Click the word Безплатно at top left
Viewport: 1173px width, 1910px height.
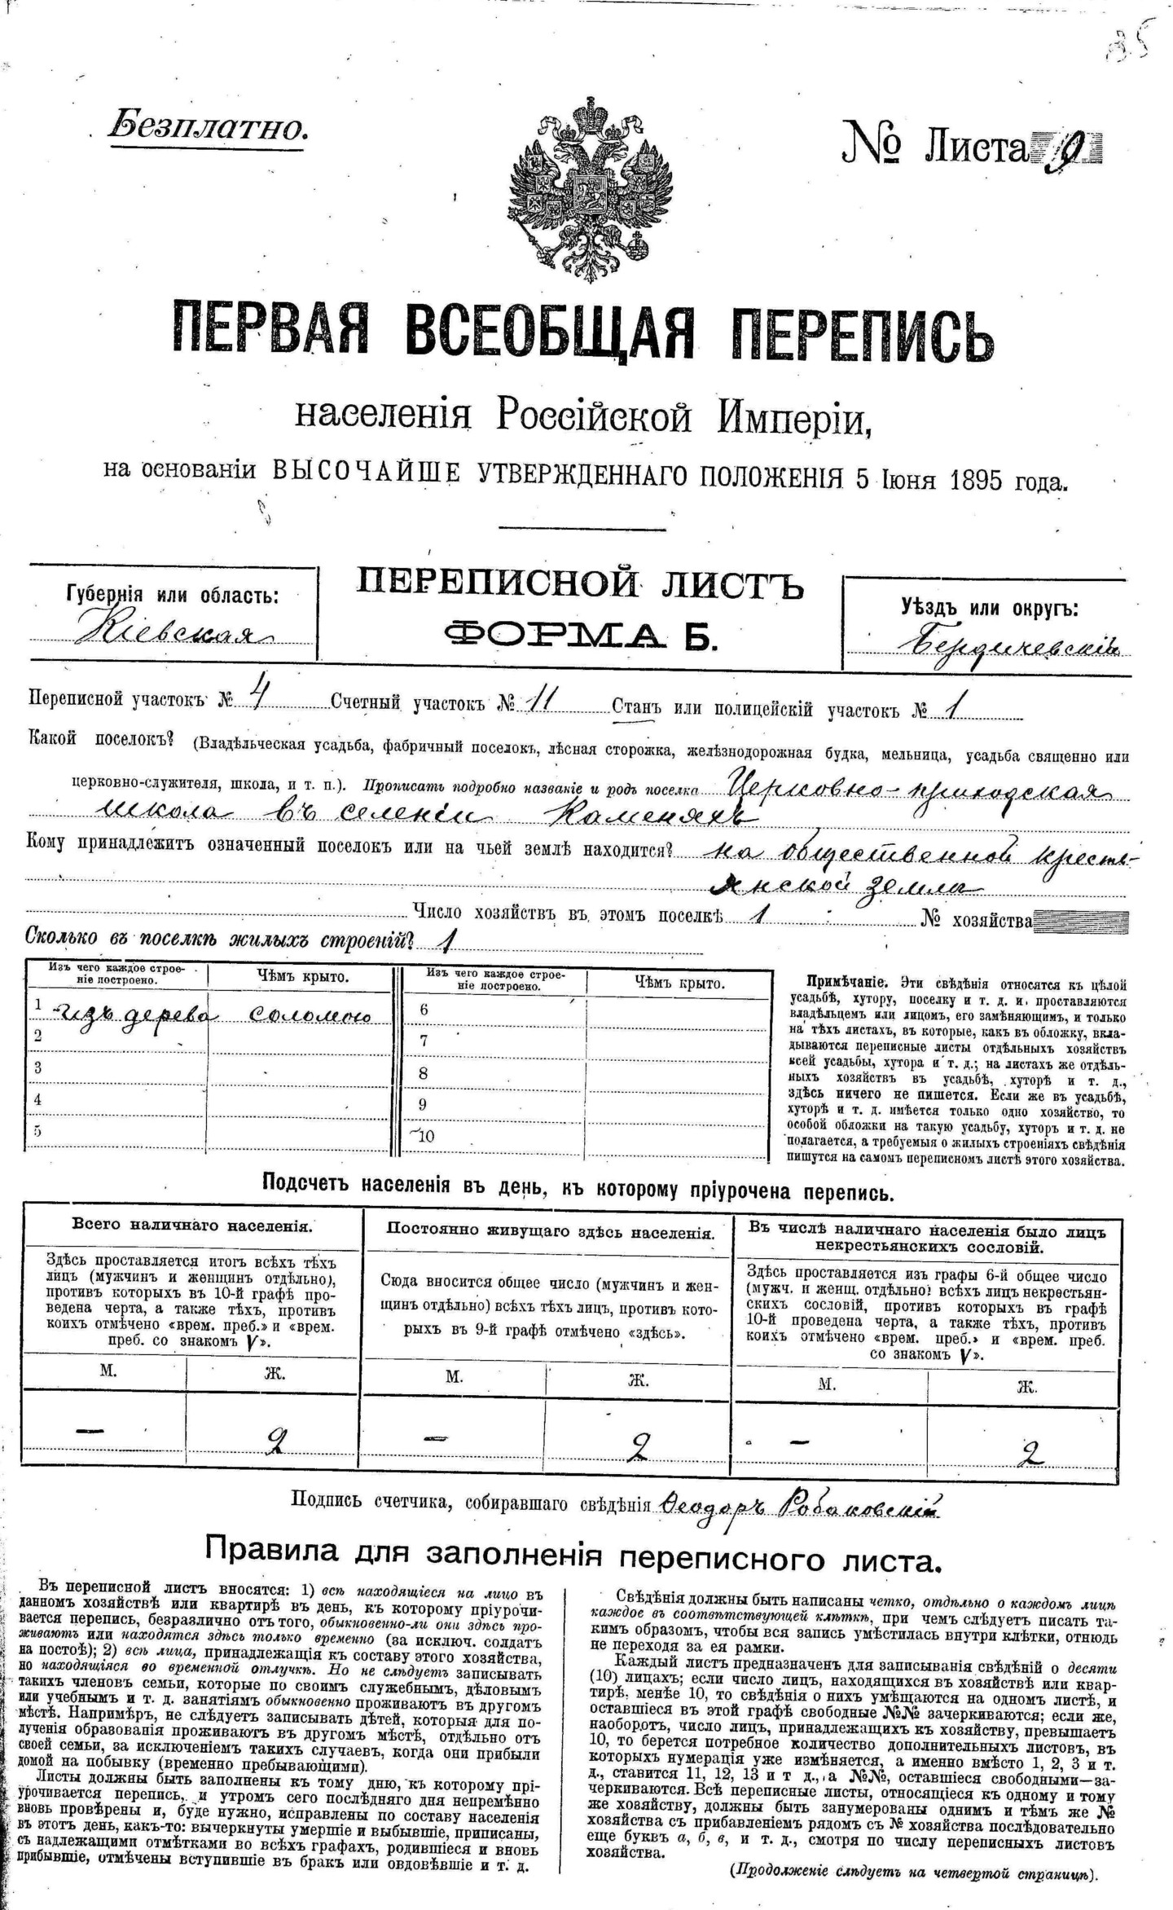(x=208, y=126)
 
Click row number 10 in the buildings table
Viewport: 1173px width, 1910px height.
(x=426, y=1137)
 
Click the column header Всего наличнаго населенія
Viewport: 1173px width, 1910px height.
(x=191, y=1225)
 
